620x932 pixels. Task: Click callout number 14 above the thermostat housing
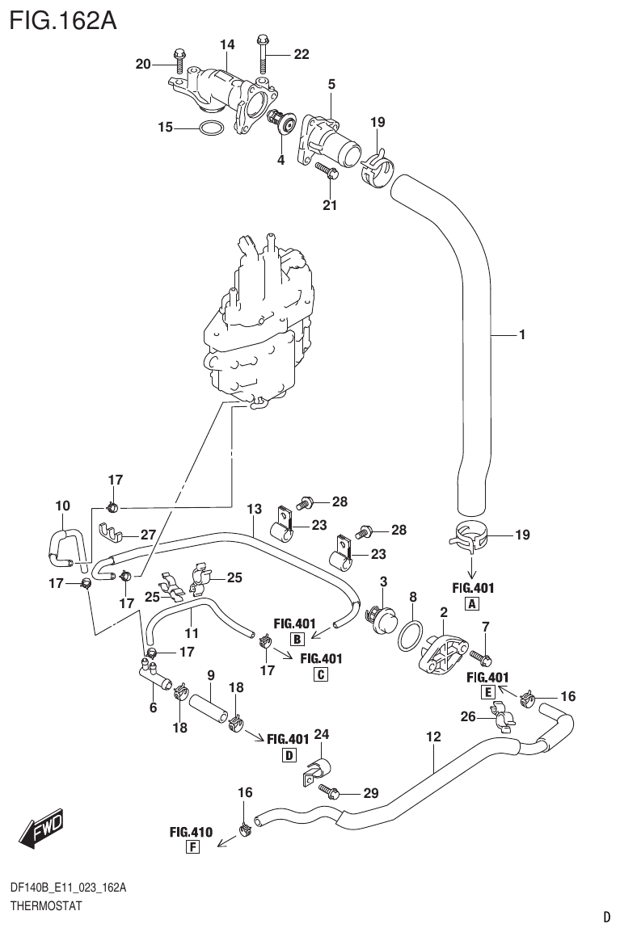click(x=226, y=44)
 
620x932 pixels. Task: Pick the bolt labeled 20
click(x=179, y=60)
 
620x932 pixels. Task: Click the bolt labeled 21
click(x=327, y=170)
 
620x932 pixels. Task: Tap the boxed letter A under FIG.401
click(x=470, y=603)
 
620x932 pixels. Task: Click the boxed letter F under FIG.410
click(x=192, y=846)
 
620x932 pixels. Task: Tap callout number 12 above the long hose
click(x=433, y=737)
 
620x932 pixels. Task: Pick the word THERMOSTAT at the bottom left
click(x=45, y=906)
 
